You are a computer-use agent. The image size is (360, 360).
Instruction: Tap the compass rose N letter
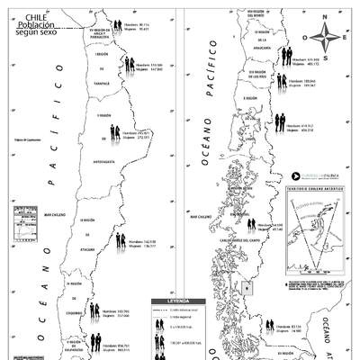pyautogui.click(x=328, y=16)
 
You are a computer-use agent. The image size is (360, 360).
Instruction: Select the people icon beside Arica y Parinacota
pyautogui.click(x=117, y=26)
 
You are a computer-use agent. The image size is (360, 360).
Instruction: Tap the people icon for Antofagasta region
pyautogui.click(x=115, y=134)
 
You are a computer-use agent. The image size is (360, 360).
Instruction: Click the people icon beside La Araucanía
pyautogui.click(x=286, y=55)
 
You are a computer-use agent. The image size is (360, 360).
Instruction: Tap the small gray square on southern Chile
pyautogui.click(x=247, y=288)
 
